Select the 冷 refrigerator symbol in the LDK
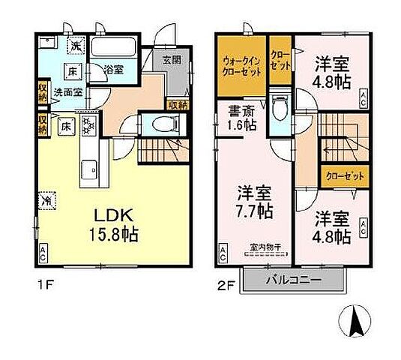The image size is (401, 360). [45, 200]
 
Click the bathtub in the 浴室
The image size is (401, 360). [114, 49]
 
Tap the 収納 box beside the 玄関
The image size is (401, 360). [178, 106]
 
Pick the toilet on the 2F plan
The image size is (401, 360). [280, 108]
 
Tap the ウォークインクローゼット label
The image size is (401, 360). [241, 65]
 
